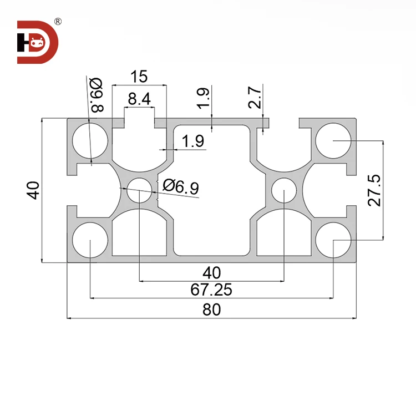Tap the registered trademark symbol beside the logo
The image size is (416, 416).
58,23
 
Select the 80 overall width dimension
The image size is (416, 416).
211,310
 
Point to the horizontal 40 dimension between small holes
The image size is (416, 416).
211,272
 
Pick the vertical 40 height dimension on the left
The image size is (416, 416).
33,190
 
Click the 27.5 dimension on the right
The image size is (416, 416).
375,190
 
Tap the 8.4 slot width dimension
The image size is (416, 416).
139,99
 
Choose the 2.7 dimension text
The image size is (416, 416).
255,98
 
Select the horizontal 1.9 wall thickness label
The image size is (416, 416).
192,141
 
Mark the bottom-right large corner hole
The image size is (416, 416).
333,240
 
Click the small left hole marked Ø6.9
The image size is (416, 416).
139,190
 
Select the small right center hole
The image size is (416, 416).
284,190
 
